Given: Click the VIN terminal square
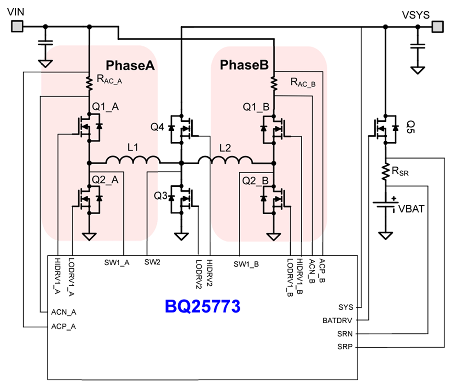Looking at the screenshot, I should click(17, 27).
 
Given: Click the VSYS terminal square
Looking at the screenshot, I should click(437, 27).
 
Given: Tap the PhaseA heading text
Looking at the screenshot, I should click(130, 66).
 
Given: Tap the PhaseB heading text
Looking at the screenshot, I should click(244, 65).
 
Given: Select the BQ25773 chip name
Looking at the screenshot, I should click(203, 306).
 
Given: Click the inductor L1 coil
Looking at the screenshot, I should click(133, 160).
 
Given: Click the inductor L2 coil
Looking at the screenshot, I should click(225, 160).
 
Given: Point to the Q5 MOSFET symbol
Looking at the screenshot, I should click(385, 128).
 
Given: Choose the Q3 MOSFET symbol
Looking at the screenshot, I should click(181, 198).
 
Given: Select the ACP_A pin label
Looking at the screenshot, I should click(64, 327).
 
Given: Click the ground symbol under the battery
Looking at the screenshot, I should click(385, 235).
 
